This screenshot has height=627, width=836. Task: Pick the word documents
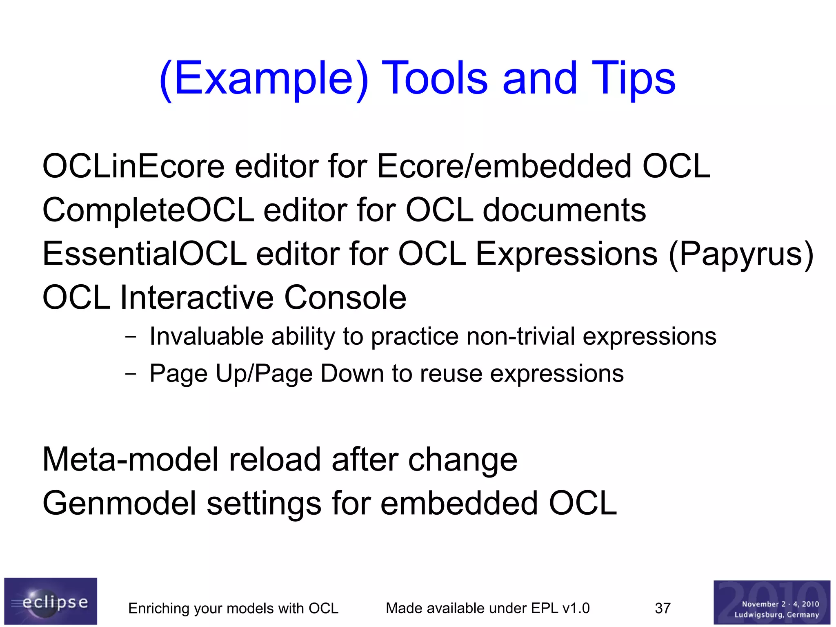point(564,210)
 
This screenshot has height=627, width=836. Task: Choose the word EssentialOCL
point(145,254)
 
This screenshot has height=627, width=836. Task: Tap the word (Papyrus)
point(740,254)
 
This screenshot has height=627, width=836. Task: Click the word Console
point(345,297)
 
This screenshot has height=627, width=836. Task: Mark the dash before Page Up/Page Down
point(131,374)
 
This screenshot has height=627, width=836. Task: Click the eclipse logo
point(51,601)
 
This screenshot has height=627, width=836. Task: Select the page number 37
point(663,608)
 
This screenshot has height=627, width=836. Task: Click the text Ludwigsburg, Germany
point(776,614)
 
